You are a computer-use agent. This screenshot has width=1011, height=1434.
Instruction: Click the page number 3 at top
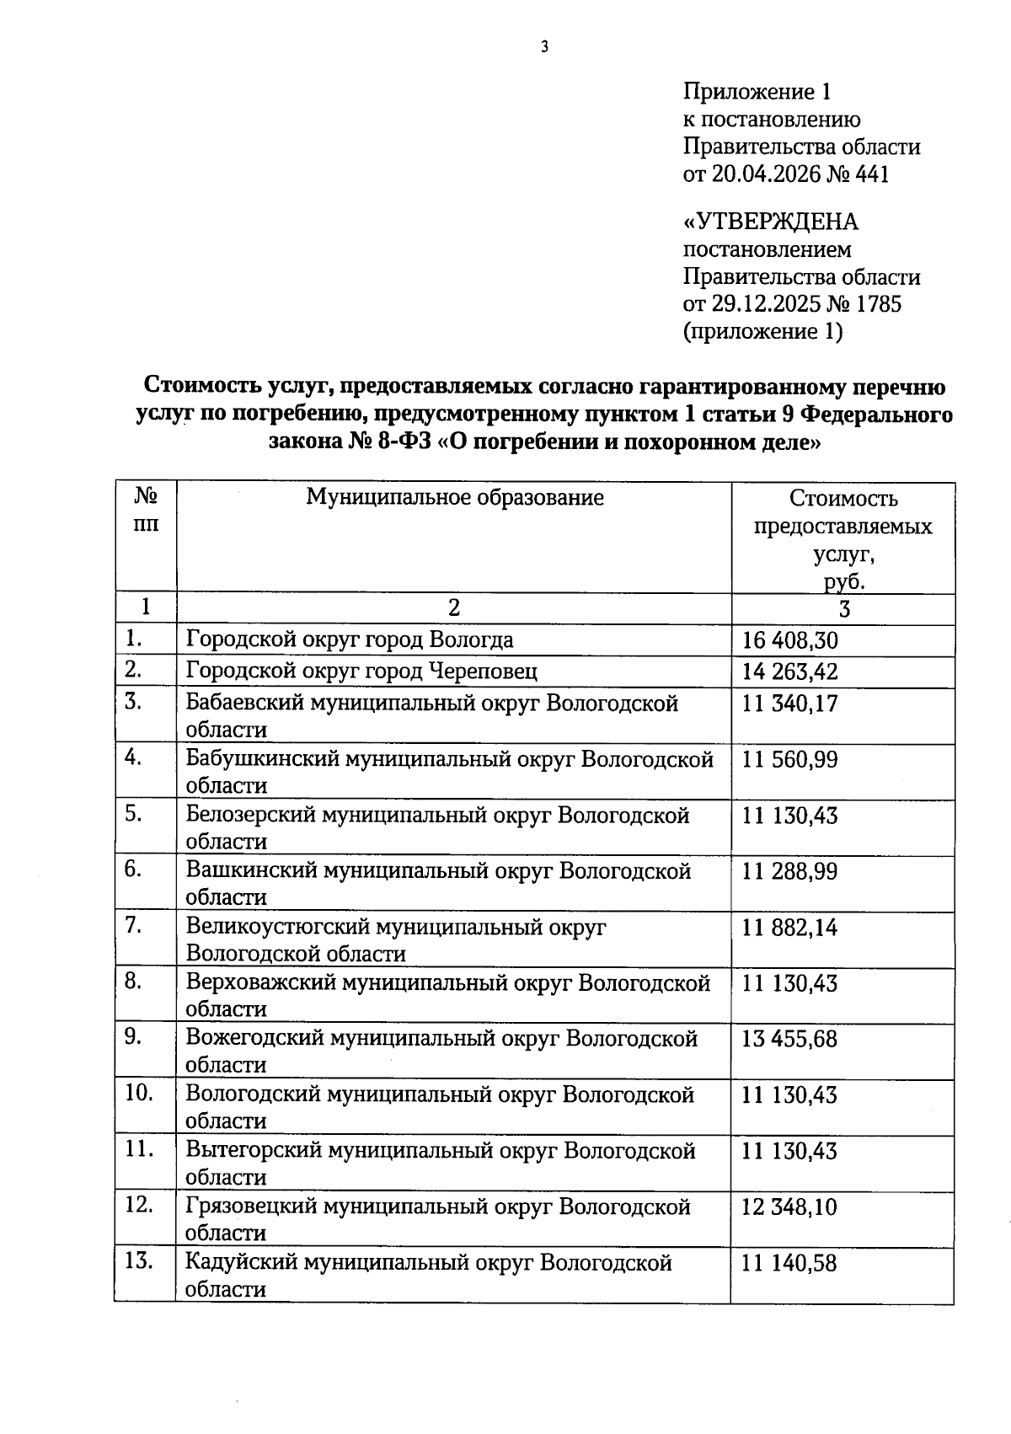544,47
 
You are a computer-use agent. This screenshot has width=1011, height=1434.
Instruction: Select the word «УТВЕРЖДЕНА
770,222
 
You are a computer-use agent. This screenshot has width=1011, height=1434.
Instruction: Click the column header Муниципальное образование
454,497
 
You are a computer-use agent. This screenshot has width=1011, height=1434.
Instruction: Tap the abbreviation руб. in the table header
843,581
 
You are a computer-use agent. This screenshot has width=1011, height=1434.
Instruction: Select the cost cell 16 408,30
789,640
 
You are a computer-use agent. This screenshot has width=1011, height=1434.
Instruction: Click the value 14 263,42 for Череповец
789,672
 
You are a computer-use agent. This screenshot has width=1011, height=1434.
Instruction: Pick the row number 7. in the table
133,925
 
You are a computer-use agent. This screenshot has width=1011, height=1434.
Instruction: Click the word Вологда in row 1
471,639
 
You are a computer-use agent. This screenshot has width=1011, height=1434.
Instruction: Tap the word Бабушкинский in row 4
264,759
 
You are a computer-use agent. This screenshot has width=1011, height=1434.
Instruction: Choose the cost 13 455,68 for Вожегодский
789,1039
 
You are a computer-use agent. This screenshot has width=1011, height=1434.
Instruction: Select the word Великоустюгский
278,927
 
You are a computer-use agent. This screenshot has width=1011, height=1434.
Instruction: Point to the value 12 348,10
789,1207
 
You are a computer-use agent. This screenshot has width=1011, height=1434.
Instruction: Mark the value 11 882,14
789,928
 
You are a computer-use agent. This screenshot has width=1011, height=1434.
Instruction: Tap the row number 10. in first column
139,1093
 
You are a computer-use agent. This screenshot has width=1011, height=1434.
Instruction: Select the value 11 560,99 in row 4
789,760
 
